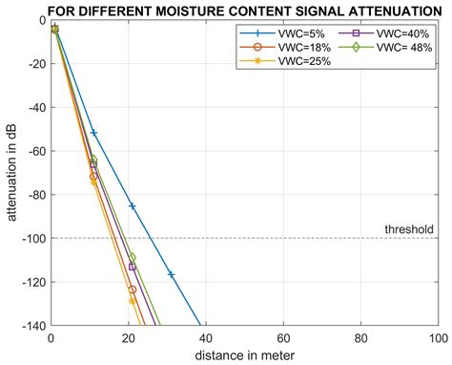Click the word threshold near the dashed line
click(409, 229)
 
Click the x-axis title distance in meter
click(244, 355)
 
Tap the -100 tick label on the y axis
click(29, 238)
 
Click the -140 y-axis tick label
click(29, 326)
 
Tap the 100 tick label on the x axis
click(436, 337)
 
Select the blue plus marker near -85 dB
click(133, 205)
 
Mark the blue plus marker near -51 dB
click(93, 132)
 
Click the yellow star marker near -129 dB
click(133, 301)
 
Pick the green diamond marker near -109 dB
click(133, 257)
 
